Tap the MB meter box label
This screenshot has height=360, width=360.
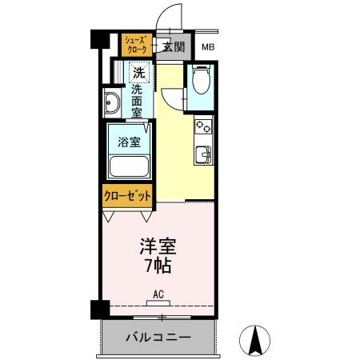pyautogui.click(x=207, y=47)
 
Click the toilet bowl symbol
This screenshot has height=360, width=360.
pyautogui.click(x=199, y=82)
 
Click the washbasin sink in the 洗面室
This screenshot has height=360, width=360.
pyautogui.click(x=112, y=102)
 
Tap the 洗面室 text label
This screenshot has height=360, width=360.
pyautogui.click(x=138, y=102)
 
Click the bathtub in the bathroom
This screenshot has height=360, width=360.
pyautogui.click(x=128, y=168)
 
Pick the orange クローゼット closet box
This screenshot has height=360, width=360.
pyautogui.click(x=127, y=195)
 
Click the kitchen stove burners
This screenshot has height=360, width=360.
pyautogui.click(x=203, y=126)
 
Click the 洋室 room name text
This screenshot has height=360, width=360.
pyautogui.click(x=157, y=246)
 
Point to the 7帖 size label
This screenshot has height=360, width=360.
pyautogui.click(x=158, y=265)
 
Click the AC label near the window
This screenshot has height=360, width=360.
pyautogui.click(x=158, y=294)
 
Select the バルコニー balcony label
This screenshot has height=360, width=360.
pyautogui.click(x=158, y=337)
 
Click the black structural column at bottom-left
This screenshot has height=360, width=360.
pyautogui.click(x=98, y=307)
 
